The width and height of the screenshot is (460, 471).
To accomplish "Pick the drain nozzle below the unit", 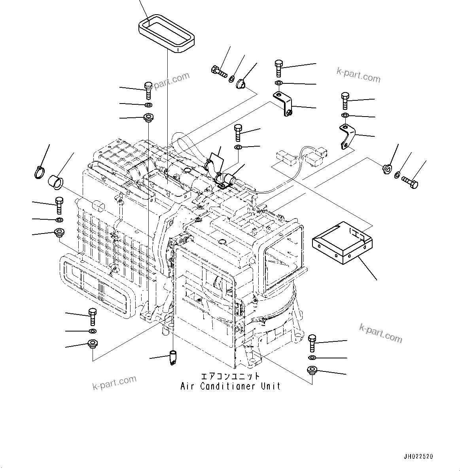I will (173, 357).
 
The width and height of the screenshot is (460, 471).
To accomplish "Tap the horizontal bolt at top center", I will (218, 72).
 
